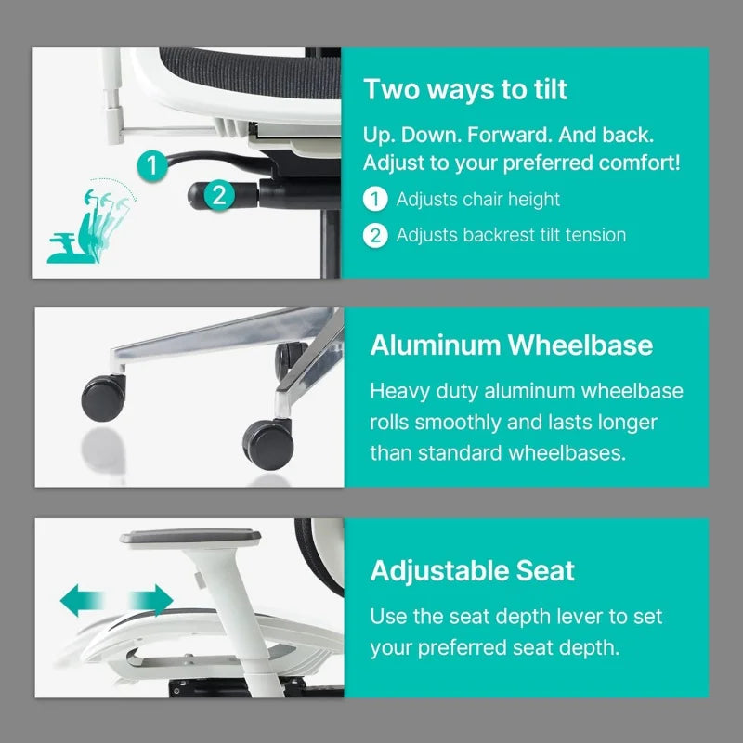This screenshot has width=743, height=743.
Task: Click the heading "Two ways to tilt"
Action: pos(464,89)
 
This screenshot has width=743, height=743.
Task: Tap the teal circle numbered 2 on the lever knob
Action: pos(218,195)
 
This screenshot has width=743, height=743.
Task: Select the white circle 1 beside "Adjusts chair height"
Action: pos(374,199)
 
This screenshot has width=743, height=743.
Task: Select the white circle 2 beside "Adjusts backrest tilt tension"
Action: pos(374,235)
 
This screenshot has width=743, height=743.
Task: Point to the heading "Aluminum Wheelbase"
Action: pos(511,345)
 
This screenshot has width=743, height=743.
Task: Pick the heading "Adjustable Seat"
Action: pos(472,570)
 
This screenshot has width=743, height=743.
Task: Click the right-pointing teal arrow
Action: pos(150,601)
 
